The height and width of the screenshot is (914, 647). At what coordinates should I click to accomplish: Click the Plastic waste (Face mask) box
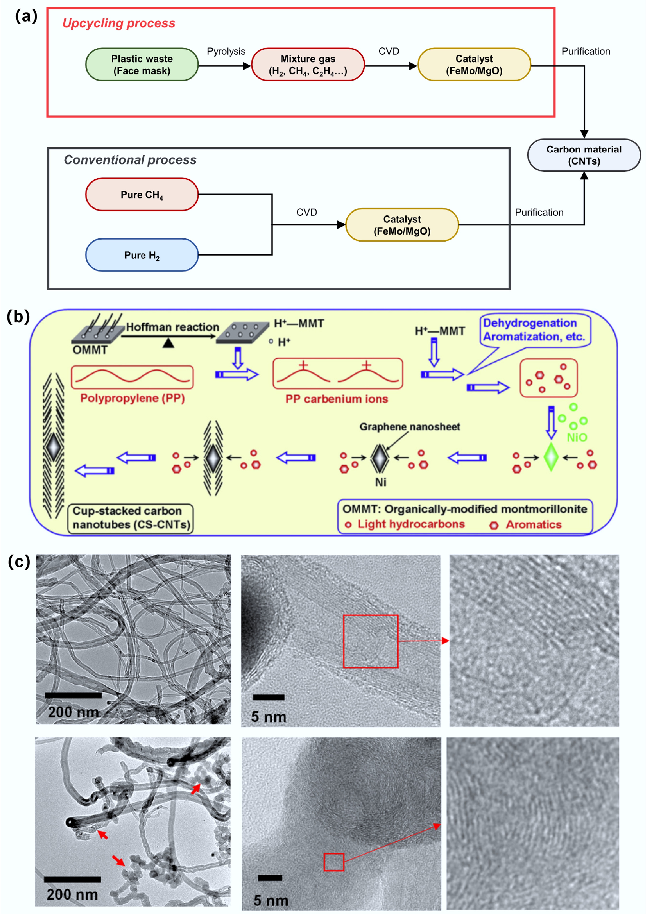coord(142,65)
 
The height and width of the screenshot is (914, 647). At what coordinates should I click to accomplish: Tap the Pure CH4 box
coord(142,194)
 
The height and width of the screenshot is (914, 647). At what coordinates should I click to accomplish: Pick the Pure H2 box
coord(142,255)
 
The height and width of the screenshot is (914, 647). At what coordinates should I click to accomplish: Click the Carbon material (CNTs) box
coord(584,155)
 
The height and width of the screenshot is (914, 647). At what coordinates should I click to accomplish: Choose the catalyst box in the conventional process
coord(402,225)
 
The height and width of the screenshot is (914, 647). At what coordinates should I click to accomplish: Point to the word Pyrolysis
coord(226,51)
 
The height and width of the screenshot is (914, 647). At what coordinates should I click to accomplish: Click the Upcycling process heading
coord(119,23)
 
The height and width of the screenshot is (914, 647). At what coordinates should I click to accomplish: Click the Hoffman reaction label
coord(173,327)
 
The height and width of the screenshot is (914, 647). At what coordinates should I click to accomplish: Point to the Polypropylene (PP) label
coord(132,398)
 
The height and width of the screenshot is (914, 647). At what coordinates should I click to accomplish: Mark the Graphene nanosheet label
coord(410,427)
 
